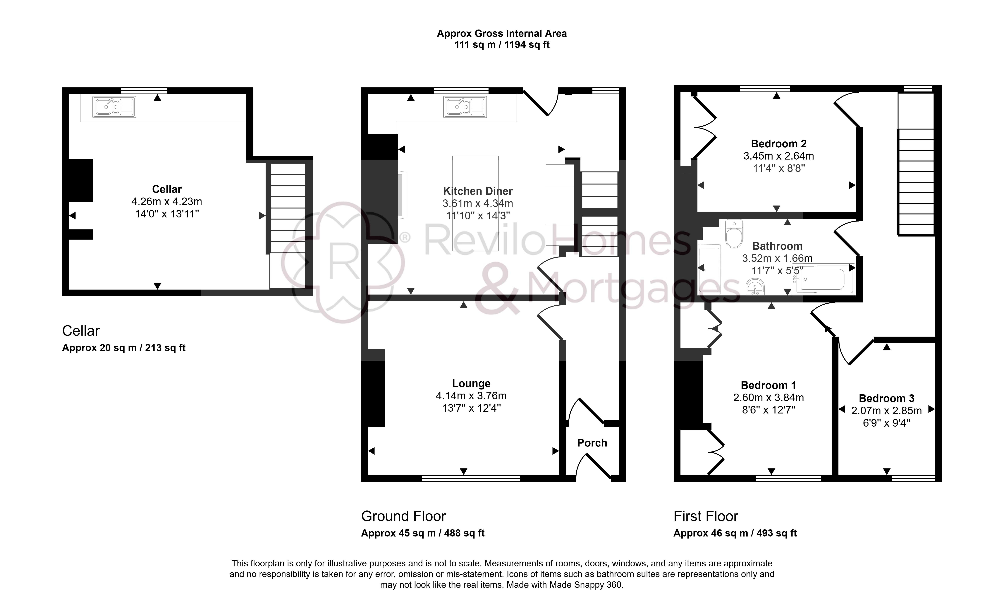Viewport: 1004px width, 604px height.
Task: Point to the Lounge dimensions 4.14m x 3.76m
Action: (x=471, y=396)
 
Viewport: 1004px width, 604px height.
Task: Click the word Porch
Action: (x=592, y=443)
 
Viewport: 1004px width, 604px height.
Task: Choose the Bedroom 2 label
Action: (x=779, y=144)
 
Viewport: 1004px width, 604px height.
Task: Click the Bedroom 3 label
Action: (x=887, y=399)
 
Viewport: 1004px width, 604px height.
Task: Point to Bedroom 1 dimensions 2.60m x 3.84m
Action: (x=769, y=398)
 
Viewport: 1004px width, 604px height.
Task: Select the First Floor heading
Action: (x=706, y=516)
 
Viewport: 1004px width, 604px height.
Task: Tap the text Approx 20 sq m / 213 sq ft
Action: (x=124, y=348)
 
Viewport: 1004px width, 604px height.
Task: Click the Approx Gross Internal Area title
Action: (x=502, y=33)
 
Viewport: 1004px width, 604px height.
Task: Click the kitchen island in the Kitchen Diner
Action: (x=475, y=203)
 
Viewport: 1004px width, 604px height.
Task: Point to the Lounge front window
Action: (x=471, y=478)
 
